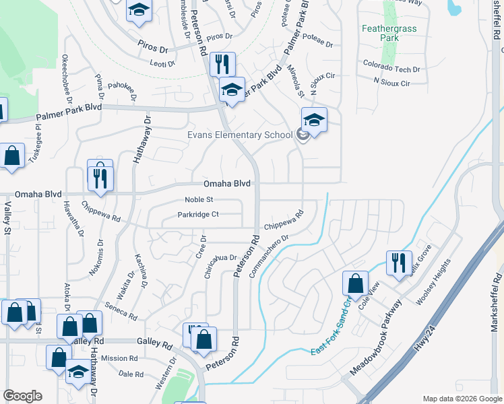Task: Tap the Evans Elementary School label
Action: pyautogui.click(x=240, y=135)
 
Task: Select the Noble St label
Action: pyautogui.click(x=199, y=199)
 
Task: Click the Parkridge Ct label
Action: pyautogui.click(x=198, y=215)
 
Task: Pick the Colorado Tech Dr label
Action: pyautogui.click(x=391, y=69)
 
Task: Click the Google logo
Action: pyautogui.click(x=22, y=396)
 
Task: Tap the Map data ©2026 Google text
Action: pyautogui.click(x=462, y=398)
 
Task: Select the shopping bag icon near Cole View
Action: pyautogui.click(x=355, y=283)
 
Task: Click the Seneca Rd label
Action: pyautogui.click(x=122, y=316)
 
